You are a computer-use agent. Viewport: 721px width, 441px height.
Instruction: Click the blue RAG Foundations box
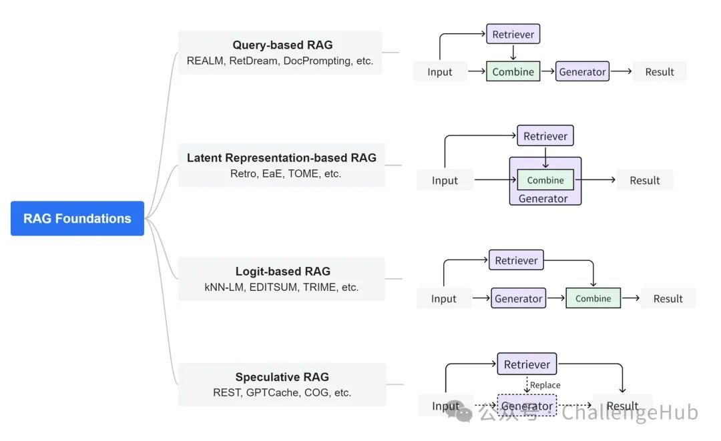(x=77, y=218)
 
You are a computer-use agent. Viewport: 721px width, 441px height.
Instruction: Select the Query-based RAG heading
(x=282, y=45)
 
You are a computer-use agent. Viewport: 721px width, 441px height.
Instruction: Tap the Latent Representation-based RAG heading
(x=282, y=157)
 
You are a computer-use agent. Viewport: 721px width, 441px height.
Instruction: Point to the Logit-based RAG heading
(x=283, y=271)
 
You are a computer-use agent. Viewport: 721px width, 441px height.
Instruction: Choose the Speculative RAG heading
(x=282, y=377)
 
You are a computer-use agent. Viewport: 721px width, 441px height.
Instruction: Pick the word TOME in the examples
(x=304, y=173)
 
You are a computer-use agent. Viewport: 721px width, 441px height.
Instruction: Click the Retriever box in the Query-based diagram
(x=513, y=34)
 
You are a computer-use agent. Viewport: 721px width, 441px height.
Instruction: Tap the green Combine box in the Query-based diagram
(x=513, y=71)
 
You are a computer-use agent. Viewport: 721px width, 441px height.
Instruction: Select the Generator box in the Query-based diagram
(x=582, y=71)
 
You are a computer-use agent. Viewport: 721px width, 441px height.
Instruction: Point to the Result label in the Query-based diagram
(x=660, y=71)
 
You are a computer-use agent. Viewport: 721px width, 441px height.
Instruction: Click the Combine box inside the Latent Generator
(x=545, y=180)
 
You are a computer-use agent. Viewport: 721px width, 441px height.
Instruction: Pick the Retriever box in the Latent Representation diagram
(x=545, y=136)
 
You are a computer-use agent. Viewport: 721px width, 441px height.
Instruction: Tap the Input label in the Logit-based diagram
(x=444, y=299)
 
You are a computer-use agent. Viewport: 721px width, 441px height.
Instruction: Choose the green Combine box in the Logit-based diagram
(x=593, y=298)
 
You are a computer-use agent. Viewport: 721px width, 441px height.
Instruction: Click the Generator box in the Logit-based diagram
(x=518, y=298)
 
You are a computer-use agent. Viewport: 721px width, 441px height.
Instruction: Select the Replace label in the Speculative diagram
(x=545, y=385)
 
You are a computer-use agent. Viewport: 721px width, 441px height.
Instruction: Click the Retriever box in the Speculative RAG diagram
(x=527, y=364)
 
